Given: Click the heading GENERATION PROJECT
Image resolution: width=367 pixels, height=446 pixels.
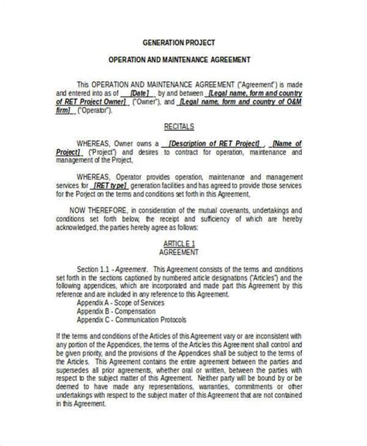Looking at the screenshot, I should [183, 43].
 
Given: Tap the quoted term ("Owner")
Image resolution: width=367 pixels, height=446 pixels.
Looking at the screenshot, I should [147, 101].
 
